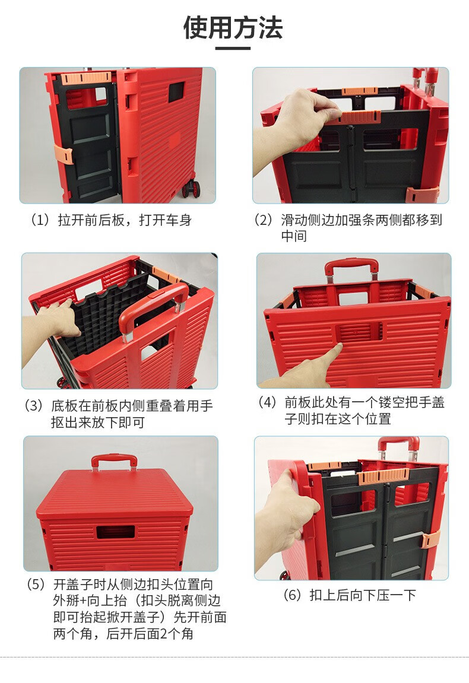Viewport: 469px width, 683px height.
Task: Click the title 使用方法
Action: pos(233,27)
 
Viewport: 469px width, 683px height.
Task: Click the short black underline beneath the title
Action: pos(233,48)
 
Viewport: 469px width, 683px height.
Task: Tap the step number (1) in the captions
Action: pos(40,220)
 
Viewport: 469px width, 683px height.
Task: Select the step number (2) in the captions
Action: pos(264,220)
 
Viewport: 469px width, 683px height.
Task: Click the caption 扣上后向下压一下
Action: pos(363,595)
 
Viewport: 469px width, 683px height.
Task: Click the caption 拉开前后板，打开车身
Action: pos(125,220)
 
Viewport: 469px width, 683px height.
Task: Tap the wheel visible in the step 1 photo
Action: pos(191,189)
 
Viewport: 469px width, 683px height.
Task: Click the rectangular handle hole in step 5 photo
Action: pos(116,532)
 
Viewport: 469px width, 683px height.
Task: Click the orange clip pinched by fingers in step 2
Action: pos(359,117)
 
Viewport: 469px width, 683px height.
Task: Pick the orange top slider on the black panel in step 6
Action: pos(384,476)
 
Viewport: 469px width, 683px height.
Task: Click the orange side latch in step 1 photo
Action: pos(63,155)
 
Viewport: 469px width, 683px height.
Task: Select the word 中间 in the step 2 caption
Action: pos(294,236)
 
